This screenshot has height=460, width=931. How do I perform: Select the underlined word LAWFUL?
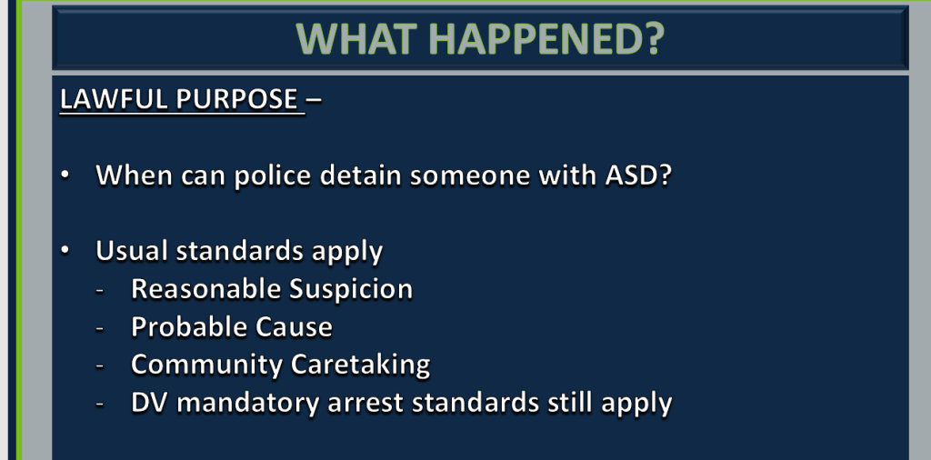point(114,99)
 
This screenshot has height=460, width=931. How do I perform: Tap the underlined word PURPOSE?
point(237,99)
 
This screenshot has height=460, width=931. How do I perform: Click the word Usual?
point(132,251)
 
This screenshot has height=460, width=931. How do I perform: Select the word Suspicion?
point(351,290)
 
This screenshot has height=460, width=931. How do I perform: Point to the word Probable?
point(189,326)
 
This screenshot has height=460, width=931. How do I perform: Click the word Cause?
point(294,327)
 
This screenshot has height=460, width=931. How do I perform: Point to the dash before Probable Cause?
point(100,328)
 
